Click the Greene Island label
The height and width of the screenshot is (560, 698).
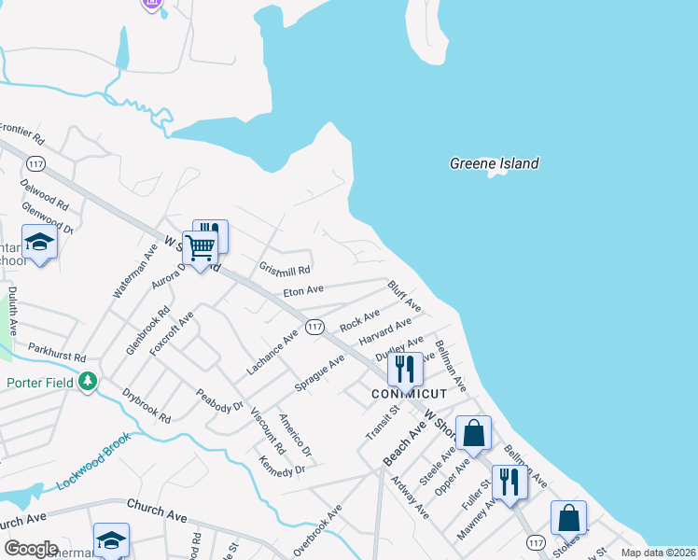[494, 163]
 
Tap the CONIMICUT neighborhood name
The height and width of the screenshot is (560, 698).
[410, 395]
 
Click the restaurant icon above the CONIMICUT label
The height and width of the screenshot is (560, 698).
[405, 369]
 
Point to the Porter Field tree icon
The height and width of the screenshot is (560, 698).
[88, 381]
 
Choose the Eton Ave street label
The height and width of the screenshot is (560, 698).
[303, 291]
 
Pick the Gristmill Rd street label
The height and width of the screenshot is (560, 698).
[285, 270]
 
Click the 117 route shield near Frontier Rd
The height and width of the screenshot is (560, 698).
[63, 164]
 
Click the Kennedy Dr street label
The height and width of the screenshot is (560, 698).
[283, 464]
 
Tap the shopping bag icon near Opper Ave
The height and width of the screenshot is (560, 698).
[474, 434]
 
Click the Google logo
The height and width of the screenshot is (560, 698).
[31, 548]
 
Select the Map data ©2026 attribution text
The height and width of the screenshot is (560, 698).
[659, 553]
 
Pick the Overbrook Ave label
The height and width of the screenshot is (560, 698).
[320, 529]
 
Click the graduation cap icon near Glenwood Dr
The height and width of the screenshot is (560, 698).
[40, 244]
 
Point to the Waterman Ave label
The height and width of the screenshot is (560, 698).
[131, 272]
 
